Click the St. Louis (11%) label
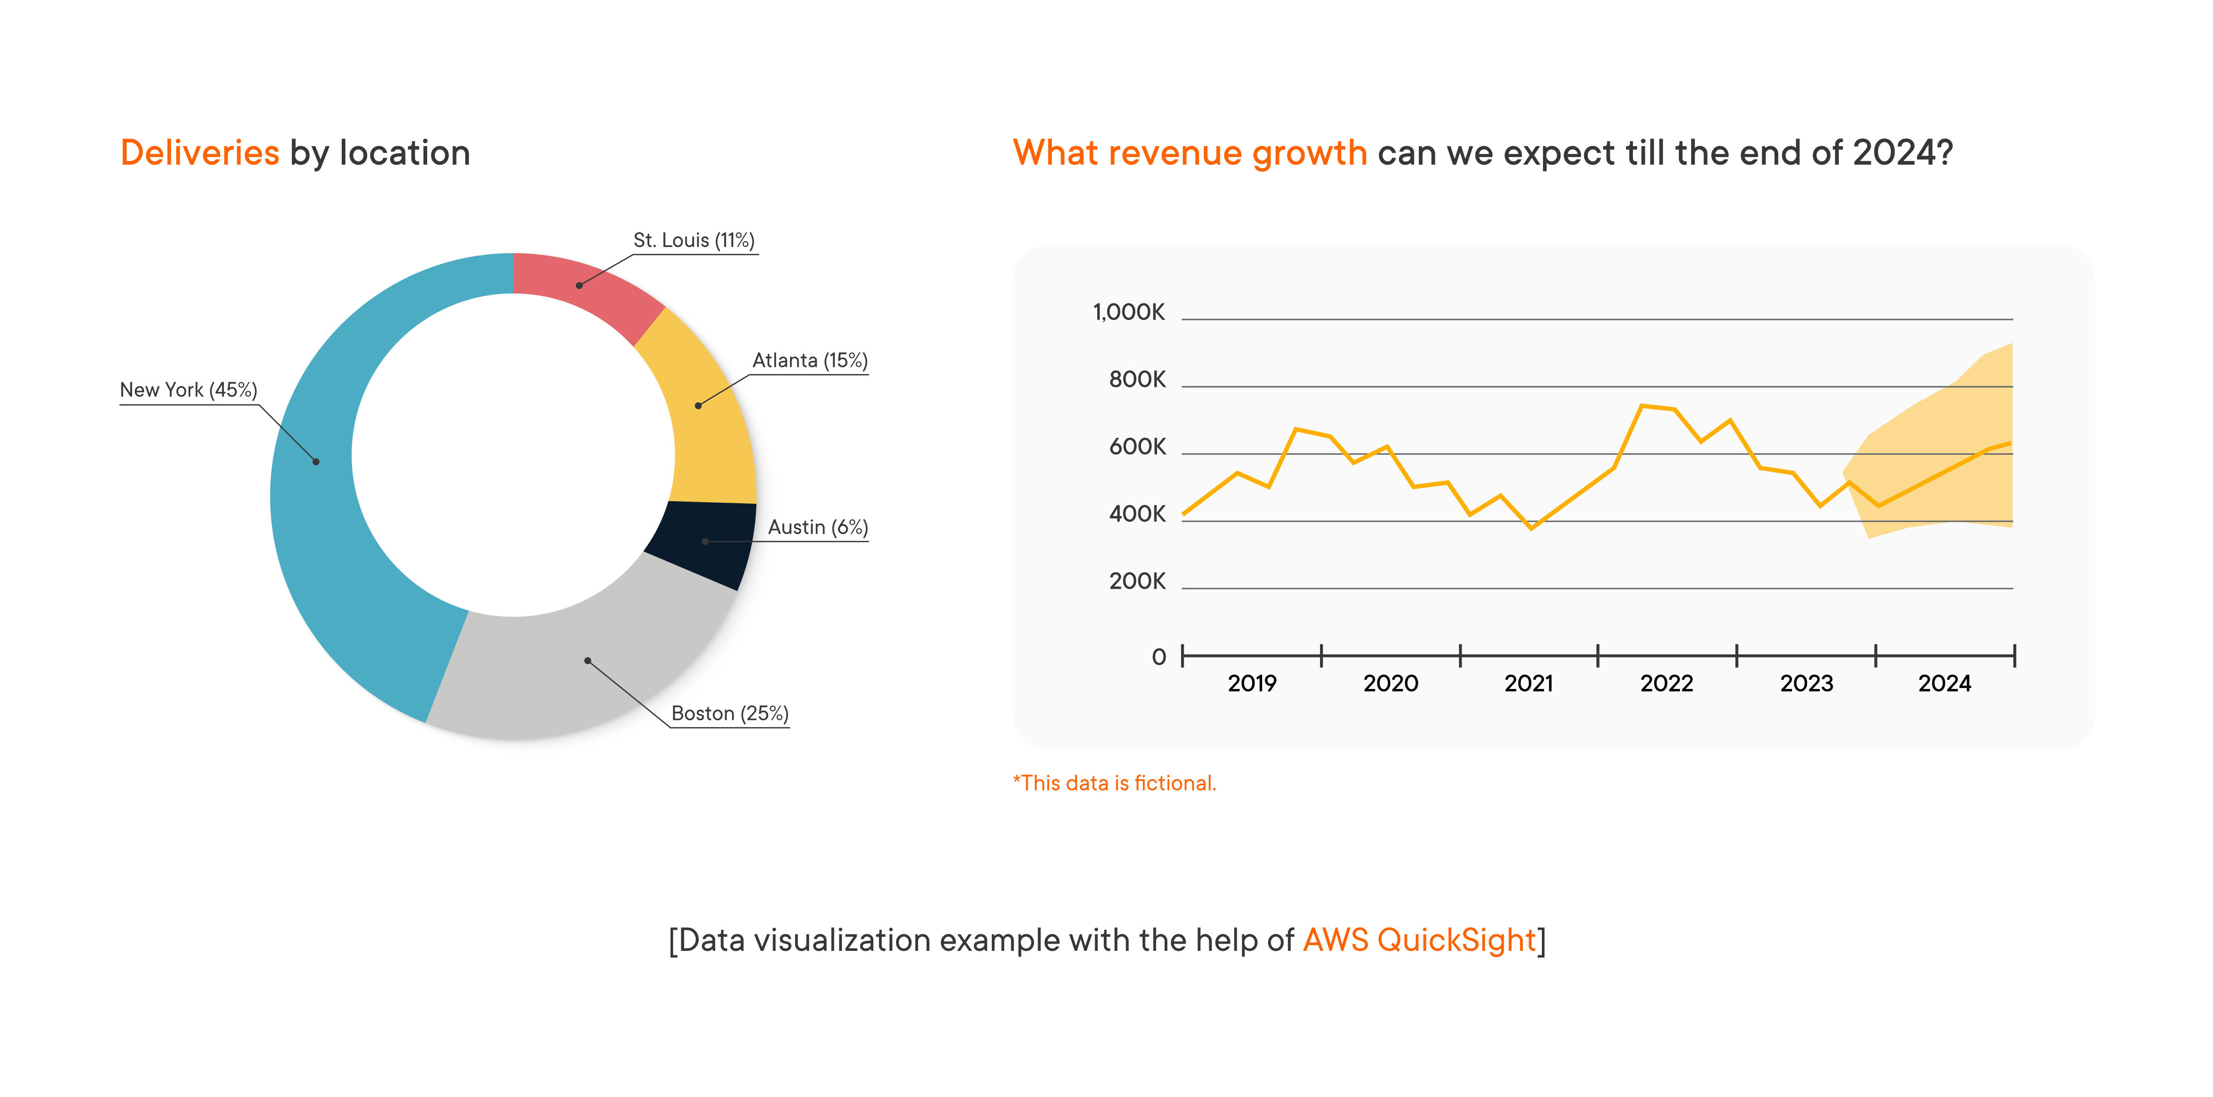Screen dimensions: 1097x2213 coord(693,240)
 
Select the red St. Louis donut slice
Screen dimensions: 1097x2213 coord(584,288)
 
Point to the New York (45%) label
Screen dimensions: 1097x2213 coord(188,390)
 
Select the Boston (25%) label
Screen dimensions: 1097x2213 coord(729,714)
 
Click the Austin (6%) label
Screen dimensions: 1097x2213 coord(817,527)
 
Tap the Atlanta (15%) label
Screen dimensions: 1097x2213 coord(809,361)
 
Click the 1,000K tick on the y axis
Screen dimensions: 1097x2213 coord(1128,313)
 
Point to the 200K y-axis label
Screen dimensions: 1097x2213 coord(1136,581)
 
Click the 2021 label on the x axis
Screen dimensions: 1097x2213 coord(1529,684)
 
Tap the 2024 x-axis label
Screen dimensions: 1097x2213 coord(1944,684)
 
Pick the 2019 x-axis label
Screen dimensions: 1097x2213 coord(1252,684)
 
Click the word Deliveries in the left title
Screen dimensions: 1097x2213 coord(199,153)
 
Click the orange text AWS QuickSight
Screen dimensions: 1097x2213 coord(1419,941)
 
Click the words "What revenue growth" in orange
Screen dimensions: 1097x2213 coord(1190,153)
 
